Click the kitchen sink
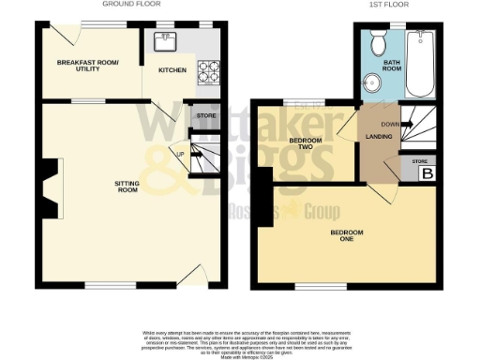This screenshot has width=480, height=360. pos(159,40)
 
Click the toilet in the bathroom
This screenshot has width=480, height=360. pos(379,44)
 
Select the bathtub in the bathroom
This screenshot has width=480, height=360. pos(420,64)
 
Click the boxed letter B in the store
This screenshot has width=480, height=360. pos(428,173)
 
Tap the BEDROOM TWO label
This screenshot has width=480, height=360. pos(300,145)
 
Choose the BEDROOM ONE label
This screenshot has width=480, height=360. pos(346,235)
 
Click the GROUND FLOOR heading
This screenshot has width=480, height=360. pos(127,5)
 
